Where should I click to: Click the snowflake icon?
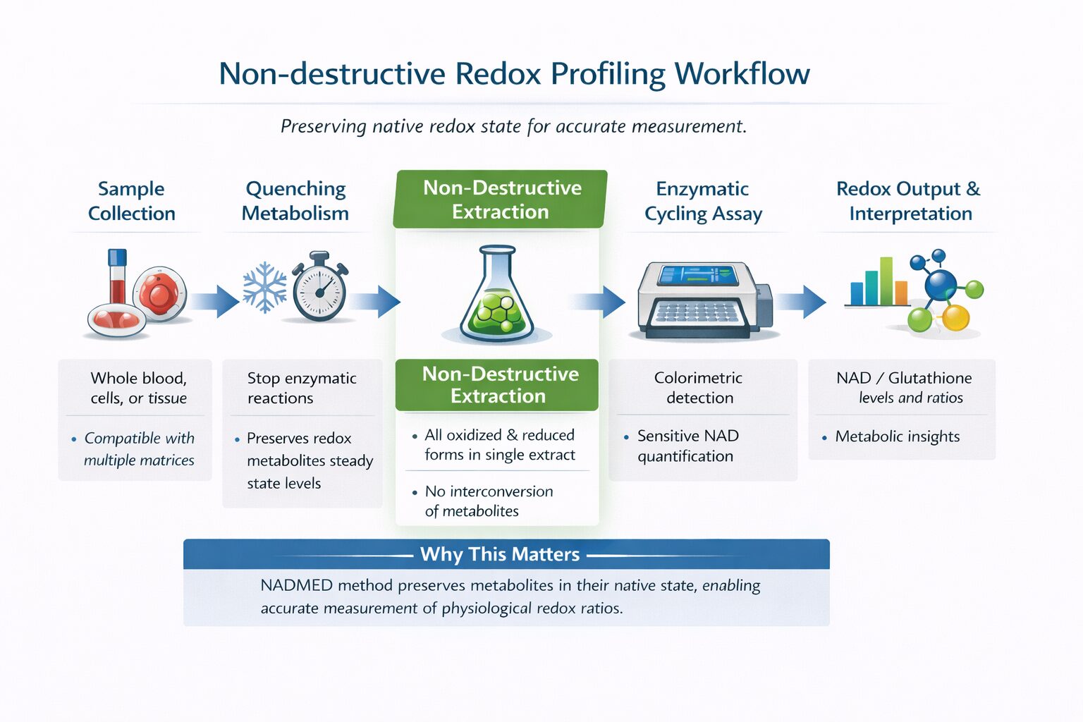click(264, 288)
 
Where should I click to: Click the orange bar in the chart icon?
click(901, 292)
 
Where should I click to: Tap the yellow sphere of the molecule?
click(956, 318)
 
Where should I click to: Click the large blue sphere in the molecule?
click(940, 286)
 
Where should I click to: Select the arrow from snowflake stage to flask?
click(376, 302)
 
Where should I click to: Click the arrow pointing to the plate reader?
click(599, 302)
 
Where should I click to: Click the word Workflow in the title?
click(742, 74)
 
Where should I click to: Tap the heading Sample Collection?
click(132, 201)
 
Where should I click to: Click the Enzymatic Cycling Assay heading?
click(703, 201)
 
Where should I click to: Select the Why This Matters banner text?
click(500, 554)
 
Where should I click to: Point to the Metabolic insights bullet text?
click(897, 436)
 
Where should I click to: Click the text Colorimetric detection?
click(699, 388)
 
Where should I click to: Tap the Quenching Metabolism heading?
click(295, 201)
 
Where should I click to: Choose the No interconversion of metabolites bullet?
click(488, 501)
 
